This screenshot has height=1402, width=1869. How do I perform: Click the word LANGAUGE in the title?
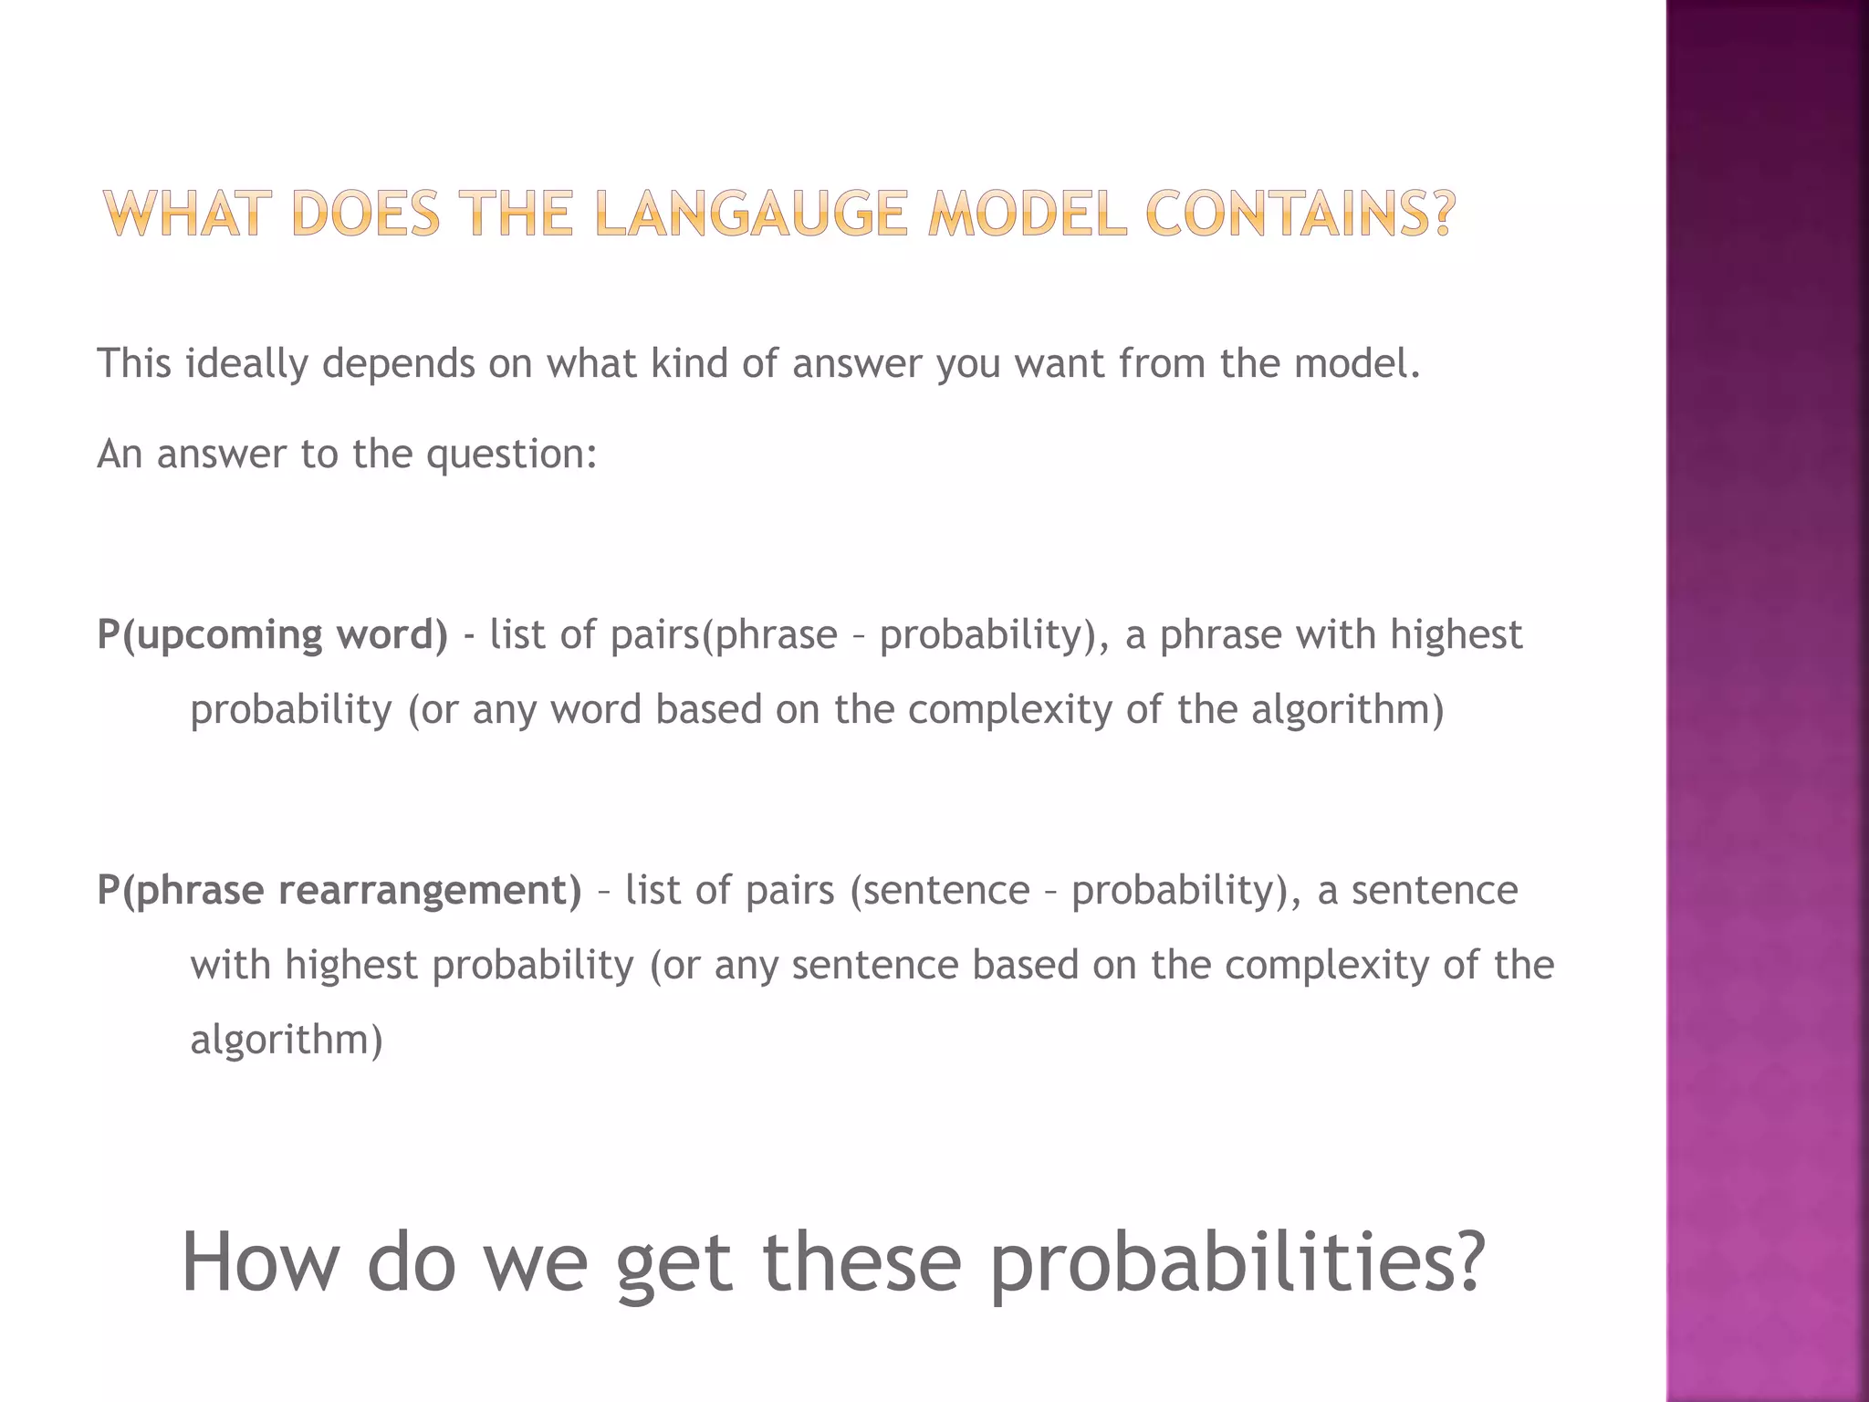750,214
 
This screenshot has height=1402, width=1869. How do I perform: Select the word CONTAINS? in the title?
1300,214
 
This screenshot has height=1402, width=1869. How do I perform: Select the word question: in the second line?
511,454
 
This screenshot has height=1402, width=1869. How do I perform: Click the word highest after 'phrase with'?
1457,635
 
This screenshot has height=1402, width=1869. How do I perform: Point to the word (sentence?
939,890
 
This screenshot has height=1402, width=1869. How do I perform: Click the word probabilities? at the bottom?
1238,1263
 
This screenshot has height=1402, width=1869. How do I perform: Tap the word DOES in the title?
367,214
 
